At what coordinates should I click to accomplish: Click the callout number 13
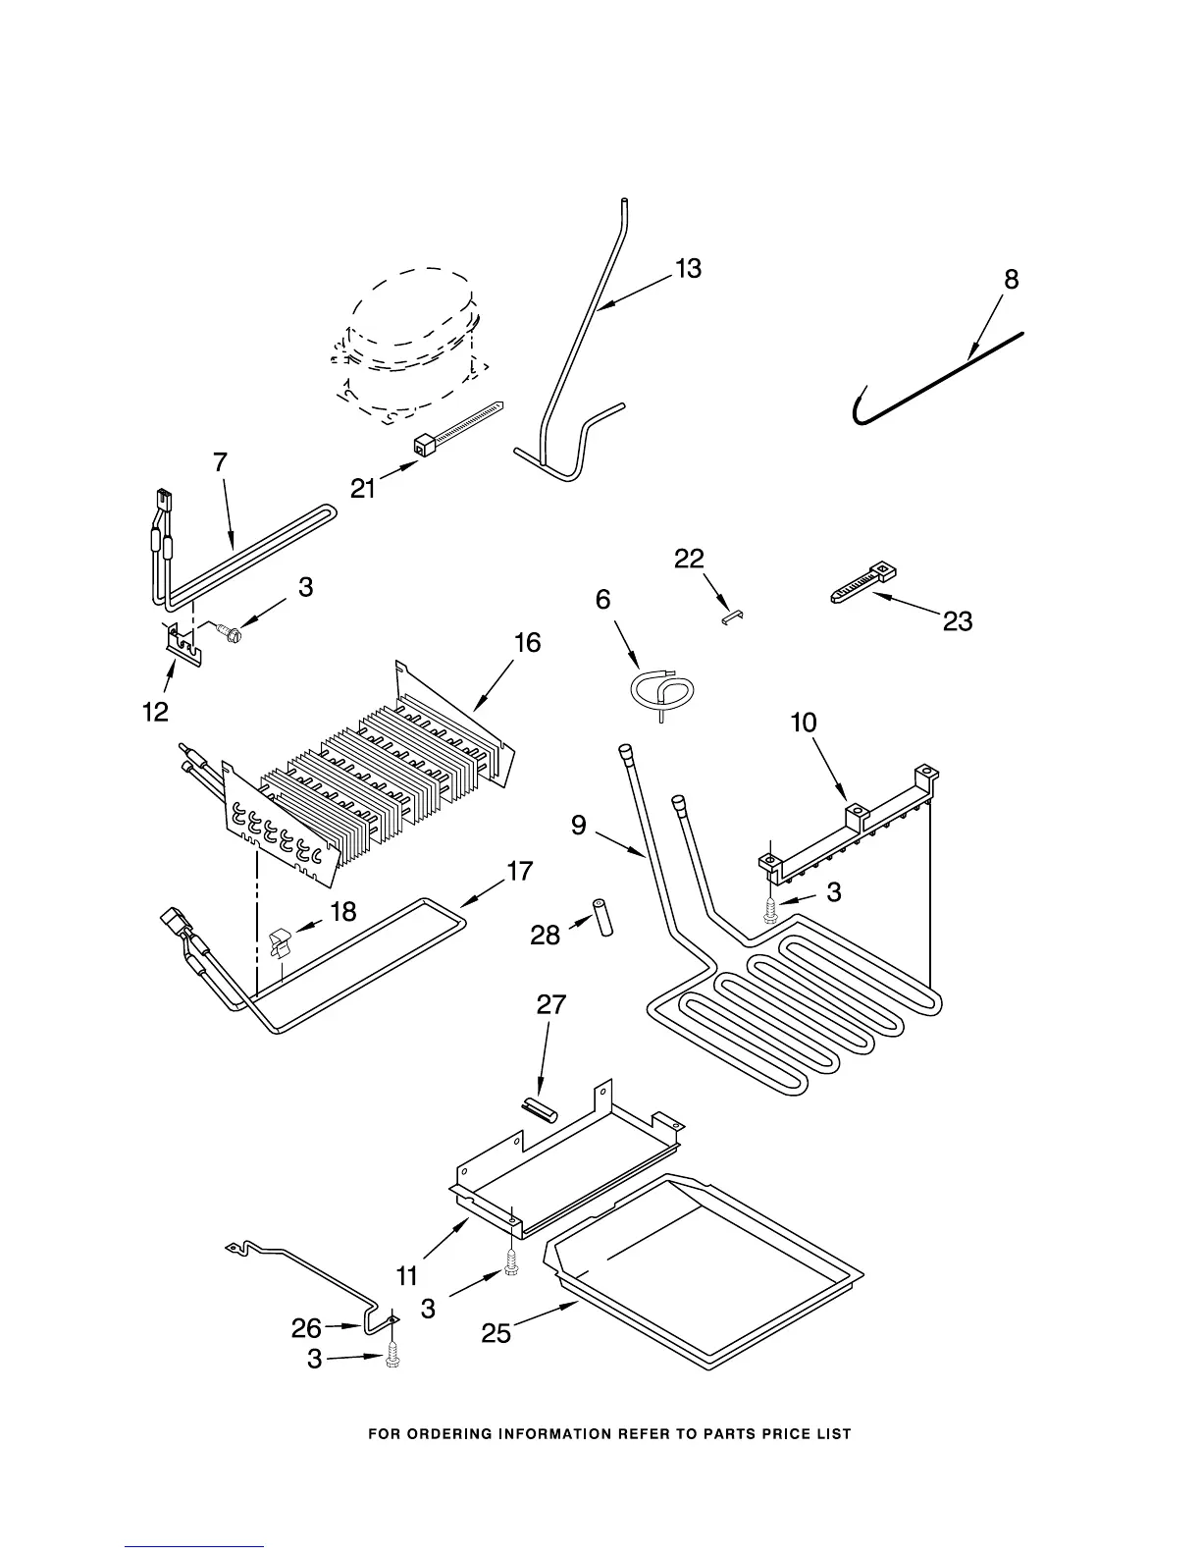tap(689, 268)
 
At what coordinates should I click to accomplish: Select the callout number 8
tap(1011, 280)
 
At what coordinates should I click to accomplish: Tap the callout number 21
tap(364, 488)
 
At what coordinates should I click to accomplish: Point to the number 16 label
tap(527, 643)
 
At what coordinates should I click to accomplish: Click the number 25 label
tap(496, 1334)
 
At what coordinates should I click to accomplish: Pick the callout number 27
tap(550, 1004)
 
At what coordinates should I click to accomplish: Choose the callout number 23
tap(958, 620)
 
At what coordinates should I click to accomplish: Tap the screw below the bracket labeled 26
tap(392, 1357)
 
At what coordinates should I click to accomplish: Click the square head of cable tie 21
tap(424, 447)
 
